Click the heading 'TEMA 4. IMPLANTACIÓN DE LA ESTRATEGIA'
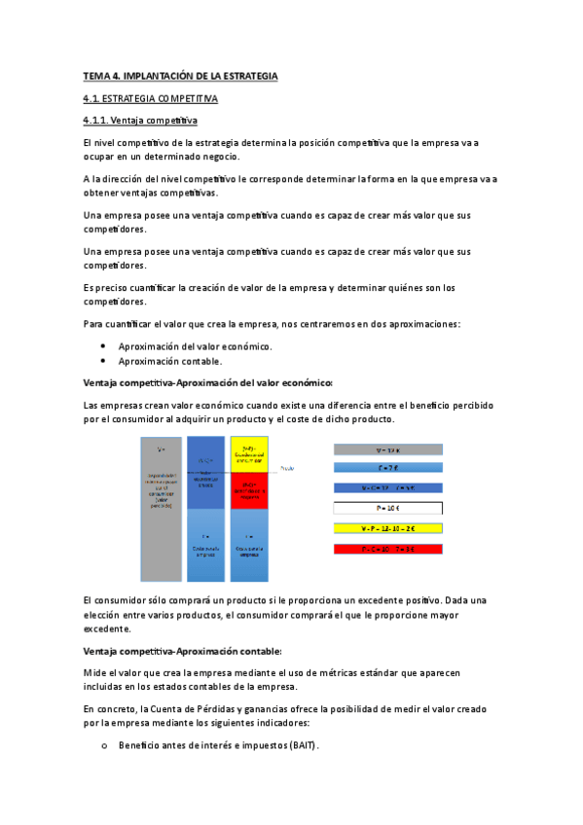[x=181, y=75]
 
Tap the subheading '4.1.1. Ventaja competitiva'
[x=140, y=121]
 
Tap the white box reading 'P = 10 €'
[x=387, y=507]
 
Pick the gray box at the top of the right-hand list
[x=387, y=449]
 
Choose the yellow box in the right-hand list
[x=387, y=528]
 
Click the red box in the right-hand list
[x=387, y=550]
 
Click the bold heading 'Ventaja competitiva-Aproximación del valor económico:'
[x=208, y=381]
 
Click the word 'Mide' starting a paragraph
[x=95, y=672]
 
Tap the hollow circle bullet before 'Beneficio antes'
[x=104, y=746]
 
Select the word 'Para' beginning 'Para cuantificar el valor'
[x=94, y=323]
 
